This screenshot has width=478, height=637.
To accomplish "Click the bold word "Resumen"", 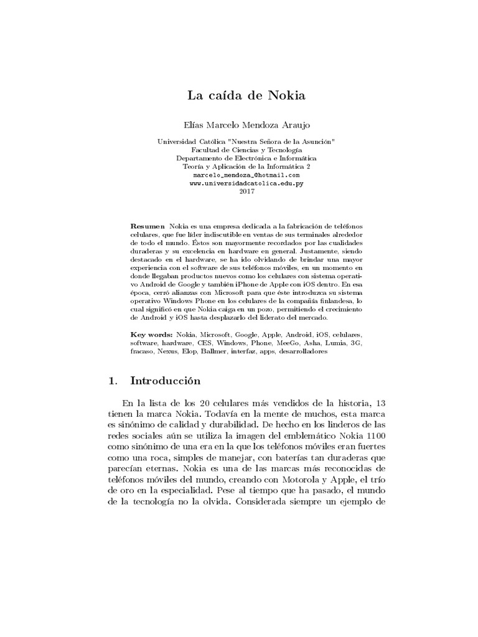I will [x=148, y=223].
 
